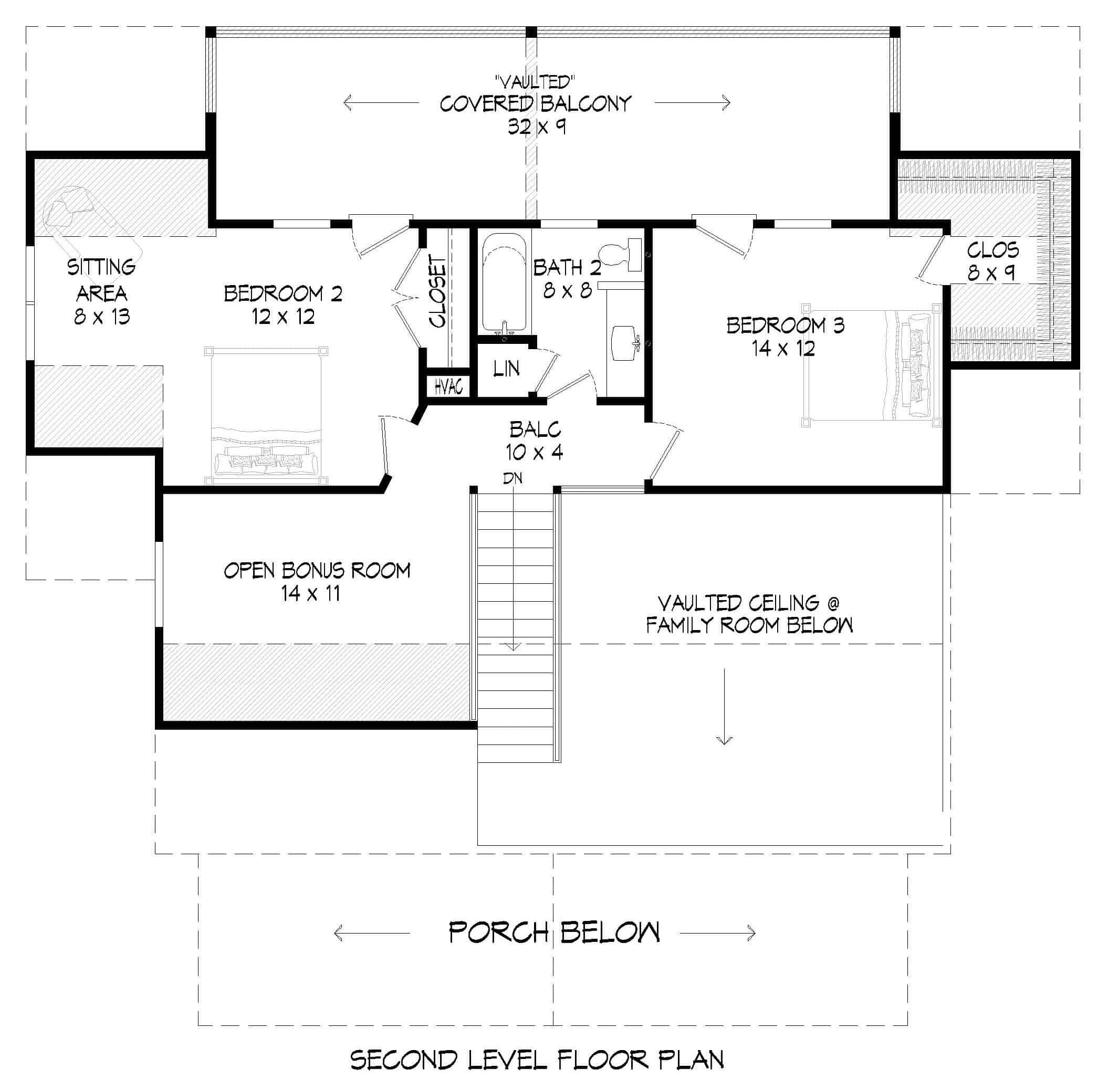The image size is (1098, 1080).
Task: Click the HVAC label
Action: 448,387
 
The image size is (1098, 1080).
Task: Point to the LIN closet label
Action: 506,369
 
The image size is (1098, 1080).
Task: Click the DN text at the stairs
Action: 513,478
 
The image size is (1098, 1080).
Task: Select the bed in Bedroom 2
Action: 266,417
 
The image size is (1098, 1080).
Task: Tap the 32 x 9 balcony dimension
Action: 536,127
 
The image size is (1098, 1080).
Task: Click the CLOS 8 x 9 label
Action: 992,261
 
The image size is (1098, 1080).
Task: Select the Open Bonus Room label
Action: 317,570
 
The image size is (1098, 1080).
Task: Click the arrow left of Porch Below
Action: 372,933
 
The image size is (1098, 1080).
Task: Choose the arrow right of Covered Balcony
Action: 692,103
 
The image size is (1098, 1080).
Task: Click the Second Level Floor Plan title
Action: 536,1060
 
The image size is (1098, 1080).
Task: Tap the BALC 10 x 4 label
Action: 535,440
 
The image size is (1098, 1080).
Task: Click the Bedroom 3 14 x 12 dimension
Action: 783,348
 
